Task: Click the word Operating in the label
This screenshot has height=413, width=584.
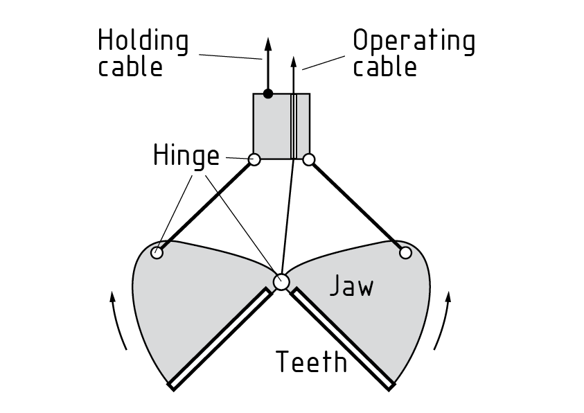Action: (x=414, y=42)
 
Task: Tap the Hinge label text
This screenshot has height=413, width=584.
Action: (x=185, y=156)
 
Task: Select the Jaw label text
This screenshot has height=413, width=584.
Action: (x=351, y=285)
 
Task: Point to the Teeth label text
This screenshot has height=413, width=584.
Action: (x=311, y=361)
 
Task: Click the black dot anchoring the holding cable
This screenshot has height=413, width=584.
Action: (x=268, y=94)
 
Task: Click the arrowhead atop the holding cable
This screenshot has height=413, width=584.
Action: (x=266, y=44)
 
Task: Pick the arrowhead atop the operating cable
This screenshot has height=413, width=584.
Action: (x=294, y=64)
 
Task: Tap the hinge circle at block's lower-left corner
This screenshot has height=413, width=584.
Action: (x=254, y=160)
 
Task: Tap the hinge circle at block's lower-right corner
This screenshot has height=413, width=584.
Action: (x=309, y=160)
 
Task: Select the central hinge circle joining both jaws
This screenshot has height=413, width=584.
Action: (x=281, y=281)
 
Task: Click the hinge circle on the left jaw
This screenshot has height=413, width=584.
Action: (x=157, y=252)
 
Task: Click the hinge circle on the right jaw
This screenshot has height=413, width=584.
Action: (x=405, y=253)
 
